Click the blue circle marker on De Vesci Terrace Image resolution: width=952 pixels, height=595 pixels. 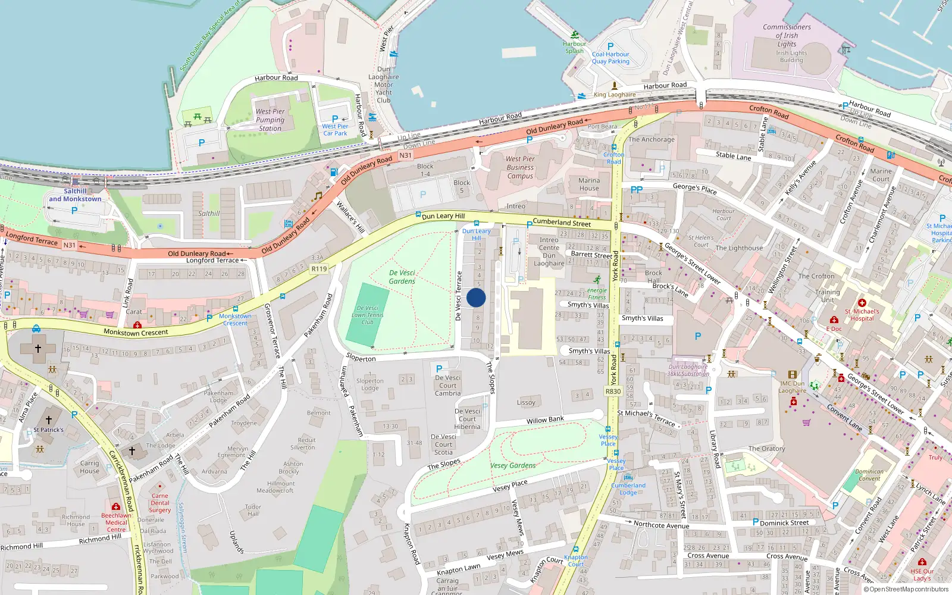click(476, 297)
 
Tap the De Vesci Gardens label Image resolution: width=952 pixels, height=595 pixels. click(402, 277)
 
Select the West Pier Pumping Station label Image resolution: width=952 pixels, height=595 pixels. click(270, 120)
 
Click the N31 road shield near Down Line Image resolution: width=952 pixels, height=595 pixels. click(405, 155)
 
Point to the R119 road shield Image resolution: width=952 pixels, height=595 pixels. click(319, 269)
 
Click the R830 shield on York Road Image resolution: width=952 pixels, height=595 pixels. click(613, 391)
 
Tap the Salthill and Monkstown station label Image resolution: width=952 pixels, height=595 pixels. click(75, 195)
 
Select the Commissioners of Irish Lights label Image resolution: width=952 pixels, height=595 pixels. click(787, 35)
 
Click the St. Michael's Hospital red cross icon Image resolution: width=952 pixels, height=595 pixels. click(862, 303)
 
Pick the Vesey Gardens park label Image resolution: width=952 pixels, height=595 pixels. click(513, 465)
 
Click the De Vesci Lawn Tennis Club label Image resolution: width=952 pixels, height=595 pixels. click(367, 315)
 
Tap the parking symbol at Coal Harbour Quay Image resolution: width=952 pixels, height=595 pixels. click(610, 46)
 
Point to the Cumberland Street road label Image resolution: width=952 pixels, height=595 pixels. click(562, 223)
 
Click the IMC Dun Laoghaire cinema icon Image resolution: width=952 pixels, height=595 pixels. click(792, 375)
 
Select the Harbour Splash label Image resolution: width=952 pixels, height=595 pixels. click(574, 47)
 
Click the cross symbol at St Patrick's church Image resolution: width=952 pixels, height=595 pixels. click(49, 420)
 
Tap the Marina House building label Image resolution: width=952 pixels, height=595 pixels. click(589, 184)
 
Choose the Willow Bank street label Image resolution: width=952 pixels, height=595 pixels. click(545, 420)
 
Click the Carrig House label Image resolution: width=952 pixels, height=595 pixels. click(90, 467)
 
